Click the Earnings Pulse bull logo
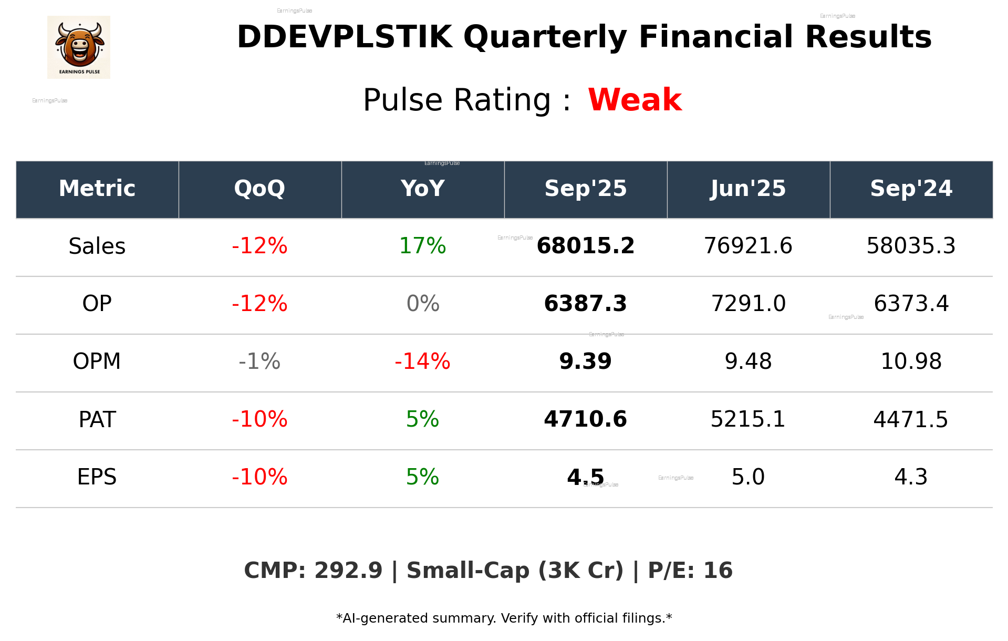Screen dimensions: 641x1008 click(79, 47)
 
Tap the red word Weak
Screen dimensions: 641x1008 click(635, 100)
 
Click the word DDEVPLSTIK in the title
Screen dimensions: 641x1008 click(345, 37)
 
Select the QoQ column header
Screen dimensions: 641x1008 click(259, 189)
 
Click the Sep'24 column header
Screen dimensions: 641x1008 click(911, 189)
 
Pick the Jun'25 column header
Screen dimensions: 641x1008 click(748, 189)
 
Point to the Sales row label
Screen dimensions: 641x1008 click(97, 246)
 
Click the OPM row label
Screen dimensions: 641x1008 click(97, 361)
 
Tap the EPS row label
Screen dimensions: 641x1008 click(97, 477)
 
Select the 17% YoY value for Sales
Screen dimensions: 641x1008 click(422, 246)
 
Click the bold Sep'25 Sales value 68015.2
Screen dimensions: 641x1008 click(585, 246)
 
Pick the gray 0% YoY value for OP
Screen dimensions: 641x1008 click(422, 304)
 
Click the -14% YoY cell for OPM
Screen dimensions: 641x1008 click(422, 361)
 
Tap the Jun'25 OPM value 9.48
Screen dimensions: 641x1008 click(748, 361)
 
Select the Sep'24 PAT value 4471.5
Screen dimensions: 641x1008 click(910, 420)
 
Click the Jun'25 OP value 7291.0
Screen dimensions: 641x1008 click(748, 304)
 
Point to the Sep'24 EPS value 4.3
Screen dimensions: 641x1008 click(911, 477)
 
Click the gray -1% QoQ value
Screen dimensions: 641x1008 click(259, 361)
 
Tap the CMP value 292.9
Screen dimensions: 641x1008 click(348, 571)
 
